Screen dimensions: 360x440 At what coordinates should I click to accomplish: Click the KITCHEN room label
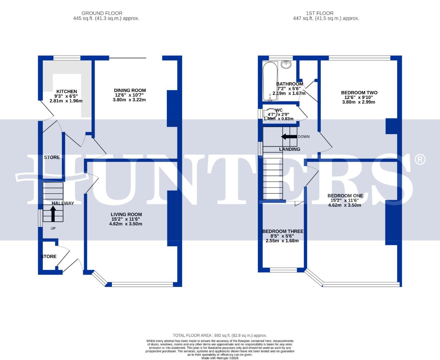pos(67,92)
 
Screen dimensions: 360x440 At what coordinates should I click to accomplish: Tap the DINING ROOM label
pos(130,90)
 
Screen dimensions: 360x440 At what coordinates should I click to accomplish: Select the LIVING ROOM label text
pos(126,215)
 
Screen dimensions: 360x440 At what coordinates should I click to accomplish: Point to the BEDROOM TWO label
pos(359,93)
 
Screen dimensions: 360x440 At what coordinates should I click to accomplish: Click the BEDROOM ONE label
pos(345,196)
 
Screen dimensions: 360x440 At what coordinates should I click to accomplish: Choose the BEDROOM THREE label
pos(283,231)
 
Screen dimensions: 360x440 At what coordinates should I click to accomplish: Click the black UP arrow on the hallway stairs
pos(53,214)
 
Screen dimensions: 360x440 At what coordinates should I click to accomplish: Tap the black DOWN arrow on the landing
pos(289,137)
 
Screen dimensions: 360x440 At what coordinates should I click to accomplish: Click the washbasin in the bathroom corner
pos(286,64)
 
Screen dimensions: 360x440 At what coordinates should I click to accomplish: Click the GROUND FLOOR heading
pos(102,13)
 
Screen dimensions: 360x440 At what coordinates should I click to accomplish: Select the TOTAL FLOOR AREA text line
pos(220,335)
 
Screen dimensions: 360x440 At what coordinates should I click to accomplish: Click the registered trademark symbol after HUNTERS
pos(420,160)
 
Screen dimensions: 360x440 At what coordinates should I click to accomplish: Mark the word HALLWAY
pos(63,203)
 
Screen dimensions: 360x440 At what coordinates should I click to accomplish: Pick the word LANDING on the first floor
pos(289,149)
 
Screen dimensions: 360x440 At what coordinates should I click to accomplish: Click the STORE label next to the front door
pos(49,257)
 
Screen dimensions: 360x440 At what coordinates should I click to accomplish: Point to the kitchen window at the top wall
pos(67,58)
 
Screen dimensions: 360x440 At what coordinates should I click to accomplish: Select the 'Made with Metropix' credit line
pos(220,358)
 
